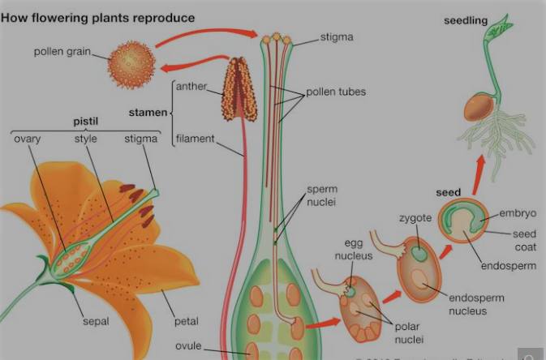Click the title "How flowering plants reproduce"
(98, 17)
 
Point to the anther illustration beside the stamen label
(240, 89)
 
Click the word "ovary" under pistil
(28, 139)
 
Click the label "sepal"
(95, 321)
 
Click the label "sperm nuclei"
(323, 195)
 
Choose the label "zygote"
(415, 218)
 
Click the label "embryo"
(518, 213)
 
